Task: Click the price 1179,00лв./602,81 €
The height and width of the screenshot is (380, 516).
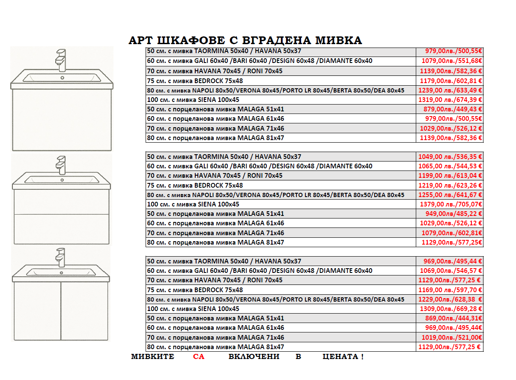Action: (450, 81)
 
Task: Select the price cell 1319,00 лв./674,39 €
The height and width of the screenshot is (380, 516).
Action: (450, 100)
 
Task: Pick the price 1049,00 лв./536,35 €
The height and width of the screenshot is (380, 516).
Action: (450, 157)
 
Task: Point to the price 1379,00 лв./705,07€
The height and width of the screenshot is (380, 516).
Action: (450, 204)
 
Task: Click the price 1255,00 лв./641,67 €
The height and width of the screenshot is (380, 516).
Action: (450, 195)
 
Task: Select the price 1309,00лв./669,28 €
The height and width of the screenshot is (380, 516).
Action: (450, 309)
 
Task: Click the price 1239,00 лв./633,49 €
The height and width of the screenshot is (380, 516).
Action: (450, 90)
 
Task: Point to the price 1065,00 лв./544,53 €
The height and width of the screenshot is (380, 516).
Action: (450, 166)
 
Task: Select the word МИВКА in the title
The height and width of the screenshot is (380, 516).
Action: (338, 41)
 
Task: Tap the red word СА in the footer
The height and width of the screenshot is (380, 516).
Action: (199, 356)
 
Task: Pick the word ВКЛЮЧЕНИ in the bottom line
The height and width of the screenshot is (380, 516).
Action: (254, 356)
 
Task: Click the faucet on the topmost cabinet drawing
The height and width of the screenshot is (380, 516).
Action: (62, 60)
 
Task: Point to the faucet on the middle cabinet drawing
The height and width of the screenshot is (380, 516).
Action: (61, 165)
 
